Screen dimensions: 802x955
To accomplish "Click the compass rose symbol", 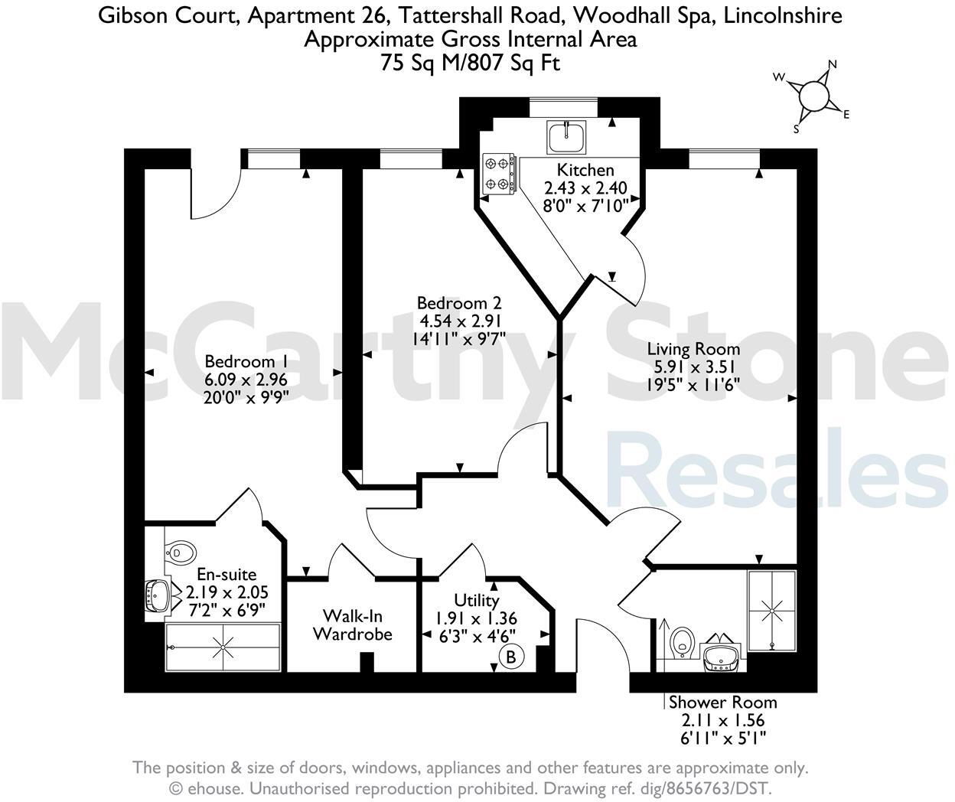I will [813, 96].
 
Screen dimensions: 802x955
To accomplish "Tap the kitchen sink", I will [566, 136].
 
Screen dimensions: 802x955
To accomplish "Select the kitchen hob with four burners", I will [497, 173].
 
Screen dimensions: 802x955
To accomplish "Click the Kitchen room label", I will [585, 170].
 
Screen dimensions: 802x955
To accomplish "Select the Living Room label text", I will [693, 350].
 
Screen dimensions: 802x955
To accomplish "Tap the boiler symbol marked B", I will [510, 656].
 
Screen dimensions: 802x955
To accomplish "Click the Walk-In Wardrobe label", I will [353, 624].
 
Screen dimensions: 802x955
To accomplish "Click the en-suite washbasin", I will [158, 595].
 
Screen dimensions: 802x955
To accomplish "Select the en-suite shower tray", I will [223, 647].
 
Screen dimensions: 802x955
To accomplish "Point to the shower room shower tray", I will [771, 610].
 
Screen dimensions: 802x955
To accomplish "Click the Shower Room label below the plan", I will [722, 702].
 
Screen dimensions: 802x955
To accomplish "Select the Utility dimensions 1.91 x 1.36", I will [476, 618].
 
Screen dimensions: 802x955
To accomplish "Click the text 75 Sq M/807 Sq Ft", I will [470, 63].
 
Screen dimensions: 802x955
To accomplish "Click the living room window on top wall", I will [724, 158].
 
